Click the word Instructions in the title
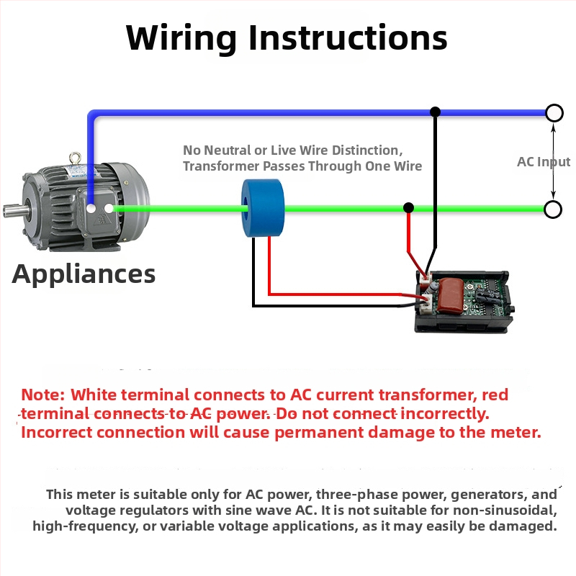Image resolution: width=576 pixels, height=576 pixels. pyautogui.click(x=348, y=37)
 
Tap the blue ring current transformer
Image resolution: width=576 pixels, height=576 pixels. pyautogui.click(x=263, y=208)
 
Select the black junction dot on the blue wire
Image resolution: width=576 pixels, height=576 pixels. pyautogui.click(x=435, y=112)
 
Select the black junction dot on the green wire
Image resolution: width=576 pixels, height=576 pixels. pyautogui.click(x=408, y=208)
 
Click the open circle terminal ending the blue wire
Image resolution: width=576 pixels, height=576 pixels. pyautogui.click(x=554, y=113)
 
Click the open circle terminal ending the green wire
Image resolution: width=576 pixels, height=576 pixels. pyautogui.click(x=553, y=210)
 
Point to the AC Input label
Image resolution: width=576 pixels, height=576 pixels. pyautogui.click(x=544, y=161)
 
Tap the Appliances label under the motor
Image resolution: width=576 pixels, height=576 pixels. pyautogui.click(x=84, y=275)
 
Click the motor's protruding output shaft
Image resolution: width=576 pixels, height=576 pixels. pyautogui.click(x=15, y=212)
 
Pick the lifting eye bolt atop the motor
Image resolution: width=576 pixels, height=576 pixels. pyautogui.click(x=76, y=158)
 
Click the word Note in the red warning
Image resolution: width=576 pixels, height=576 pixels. pyautogui.click(x=42, y=395)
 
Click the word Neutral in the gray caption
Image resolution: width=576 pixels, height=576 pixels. pyautogui.click(x=227, y=150)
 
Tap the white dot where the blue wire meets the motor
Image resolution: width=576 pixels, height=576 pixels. pyautogui.click(x=91, y=209)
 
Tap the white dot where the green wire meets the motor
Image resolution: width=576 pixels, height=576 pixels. pyautogui.click(x=109, y=209)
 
